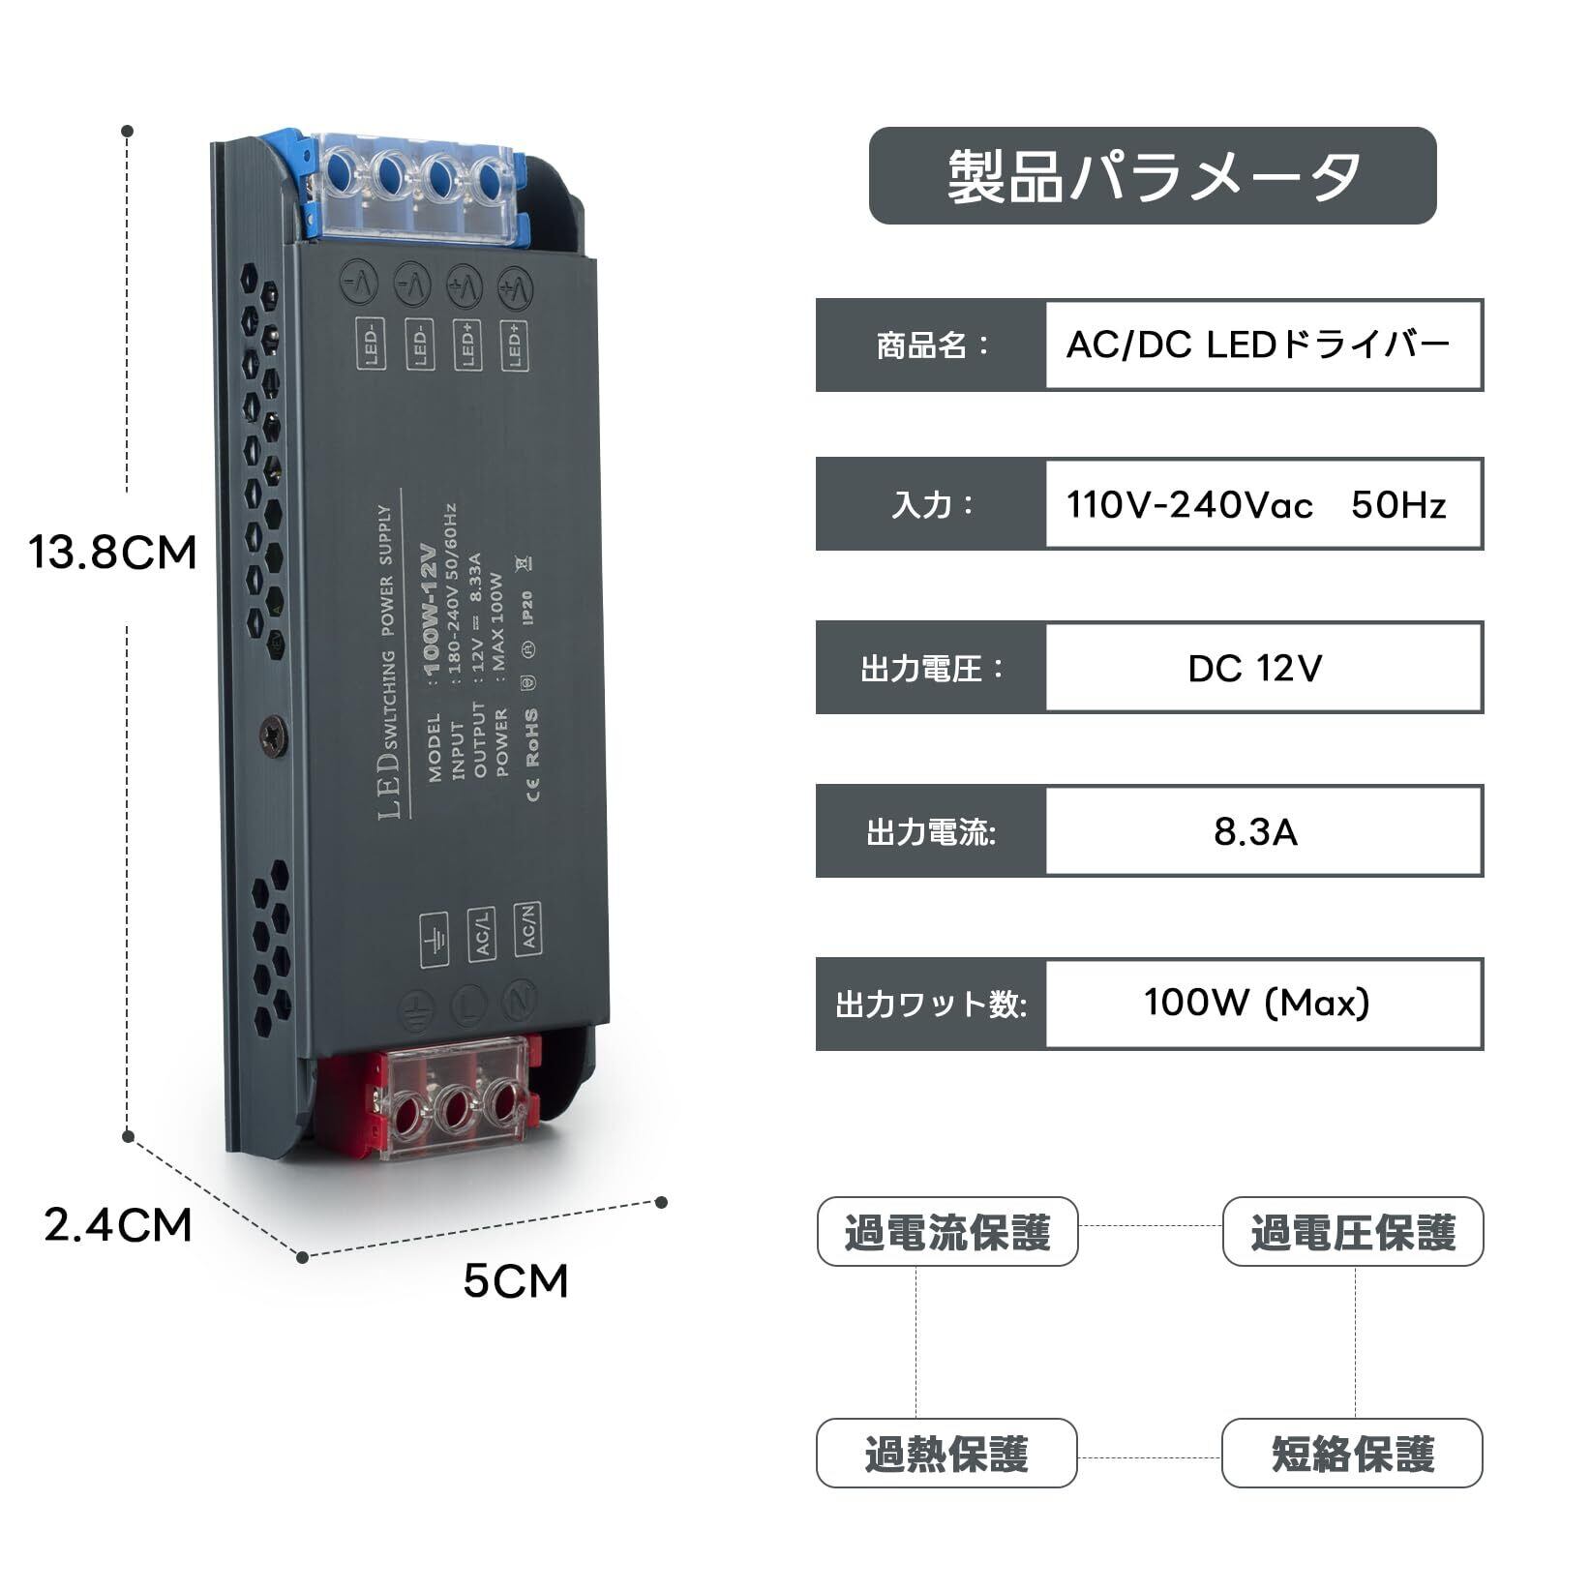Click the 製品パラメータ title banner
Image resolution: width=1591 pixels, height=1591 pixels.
pos(1152,176)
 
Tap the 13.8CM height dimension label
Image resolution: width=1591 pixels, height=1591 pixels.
pos(112,553)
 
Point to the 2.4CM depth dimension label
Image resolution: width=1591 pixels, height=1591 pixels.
pos(118,1225)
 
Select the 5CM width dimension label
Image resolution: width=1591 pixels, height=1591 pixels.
pos(515,1281)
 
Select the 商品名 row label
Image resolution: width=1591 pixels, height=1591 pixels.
pos(931,345)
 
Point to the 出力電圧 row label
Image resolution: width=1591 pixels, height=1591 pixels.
pos(931,669)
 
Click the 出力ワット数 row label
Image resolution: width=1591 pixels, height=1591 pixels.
pos(931,1004)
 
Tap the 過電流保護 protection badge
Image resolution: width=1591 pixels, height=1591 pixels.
pos(946,1232)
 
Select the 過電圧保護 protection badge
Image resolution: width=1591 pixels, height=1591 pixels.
pos(1352,1232)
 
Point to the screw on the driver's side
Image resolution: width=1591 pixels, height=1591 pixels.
pos(274,736)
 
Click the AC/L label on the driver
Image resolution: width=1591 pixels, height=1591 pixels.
pos(481,933)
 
